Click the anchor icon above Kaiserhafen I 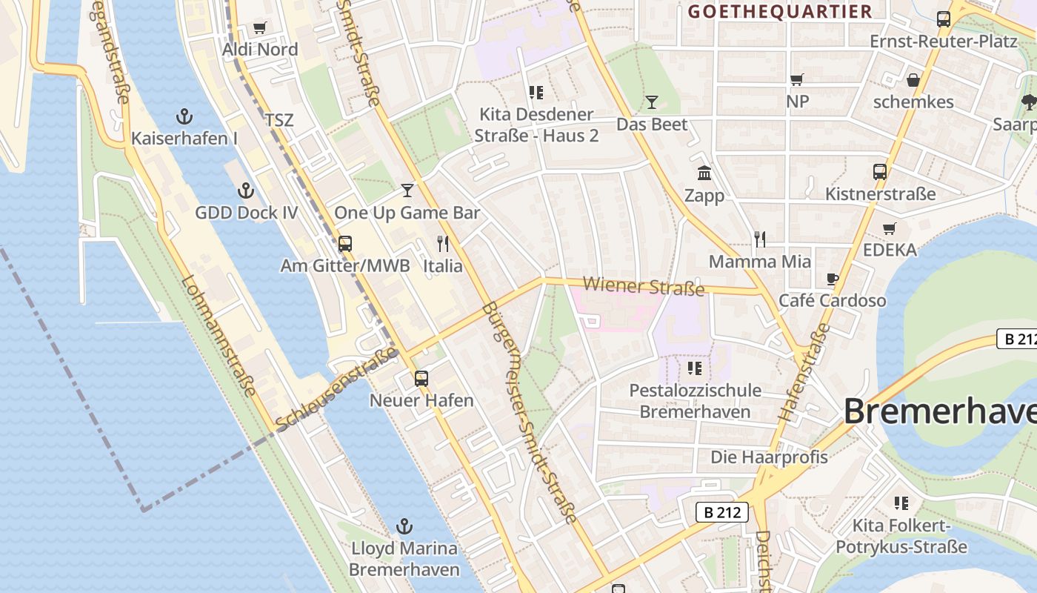tap(184, 116)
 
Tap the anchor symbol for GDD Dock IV tap(246, 191)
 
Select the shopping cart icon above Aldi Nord tap(259, 28)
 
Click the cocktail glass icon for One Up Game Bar tap(407, 191)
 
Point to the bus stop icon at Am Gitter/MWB tap(344, 244)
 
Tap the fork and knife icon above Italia tap(443, 244)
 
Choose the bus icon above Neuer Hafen tap(421, 379)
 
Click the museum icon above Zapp tap(704, 173)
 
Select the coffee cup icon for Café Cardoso tap(833, 279)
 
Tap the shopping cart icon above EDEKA tap(890, 228)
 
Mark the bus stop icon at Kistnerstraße tap(880, 172)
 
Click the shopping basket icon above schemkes tap(913, 80)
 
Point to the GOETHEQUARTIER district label tap(780, 12)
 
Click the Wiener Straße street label tap(643, 286)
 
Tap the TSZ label tap(279, 120)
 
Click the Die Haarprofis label tap(769, 457)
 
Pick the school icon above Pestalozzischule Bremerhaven tap(694, 368)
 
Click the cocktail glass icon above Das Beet tap(652, 102)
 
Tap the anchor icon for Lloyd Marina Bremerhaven tap(404, 527)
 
